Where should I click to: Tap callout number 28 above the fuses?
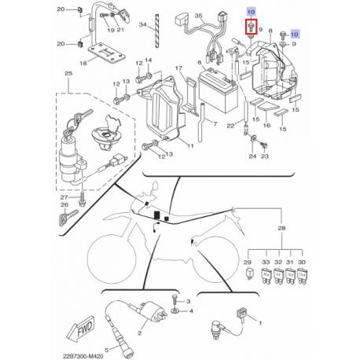point(281,228)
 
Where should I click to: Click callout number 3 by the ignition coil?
point(189,302)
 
